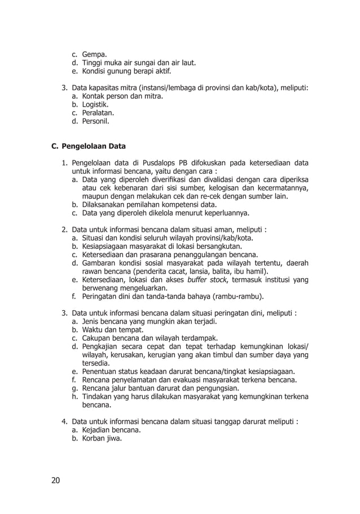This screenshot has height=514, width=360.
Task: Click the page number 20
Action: [55, 480]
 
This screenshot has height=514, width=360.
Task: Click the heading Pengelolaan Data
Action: [94, 147]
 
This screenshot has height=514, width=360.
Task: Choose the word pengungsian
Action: [217, 388]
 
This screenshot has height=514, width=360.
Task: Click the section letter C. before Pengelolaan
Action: [55, 147]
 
